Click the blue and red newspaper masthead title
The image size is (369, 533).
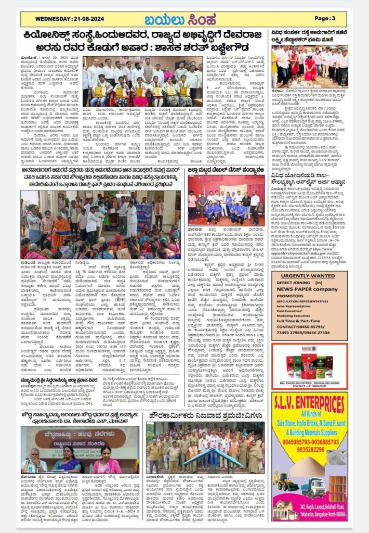[184, 19]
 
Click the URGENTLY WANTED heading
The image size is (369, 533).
[310, 276]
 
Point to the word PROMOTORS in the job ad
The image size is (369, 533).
[294, 296]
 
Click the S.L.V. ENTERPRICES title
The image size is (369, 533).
[310, 403]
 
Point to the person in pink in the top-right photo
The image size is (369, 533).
[310, 68]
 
